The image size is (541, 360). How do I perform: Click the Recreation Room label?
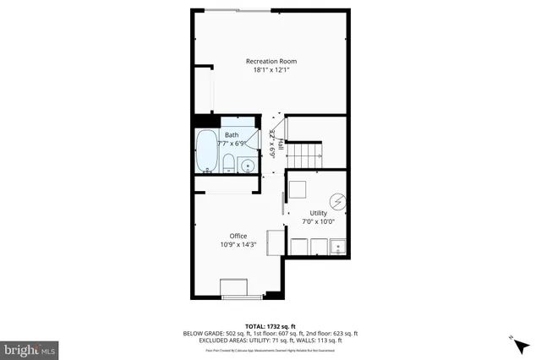[270, 61]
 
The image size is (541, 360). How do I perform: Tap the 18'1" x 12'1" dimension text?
[270, 70]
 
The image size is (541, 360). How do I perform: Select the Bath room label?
[232, 135]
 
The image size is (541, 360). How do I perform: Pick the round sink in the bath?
[248, 166]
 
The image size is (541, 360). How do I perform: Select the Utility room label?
[318, 212]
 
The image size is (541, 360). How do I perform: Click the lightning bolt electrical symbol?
[338, 202]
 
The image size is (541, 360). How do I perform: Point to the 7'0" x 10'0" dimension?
[318, 221]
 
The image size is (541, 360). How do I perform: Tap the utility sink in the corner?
[338, 247]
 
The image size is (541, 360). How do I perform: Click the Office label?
[238, 236]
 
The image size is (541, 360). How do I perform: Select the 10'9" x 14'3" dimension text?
[238, 245]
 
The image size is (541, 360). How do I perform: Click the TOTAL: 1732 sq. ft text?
[270, 325]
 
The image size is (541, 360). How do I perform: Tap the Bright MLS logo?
[30, 348]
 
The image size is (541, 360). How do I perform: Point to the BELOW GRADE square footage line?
[270, 333]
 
